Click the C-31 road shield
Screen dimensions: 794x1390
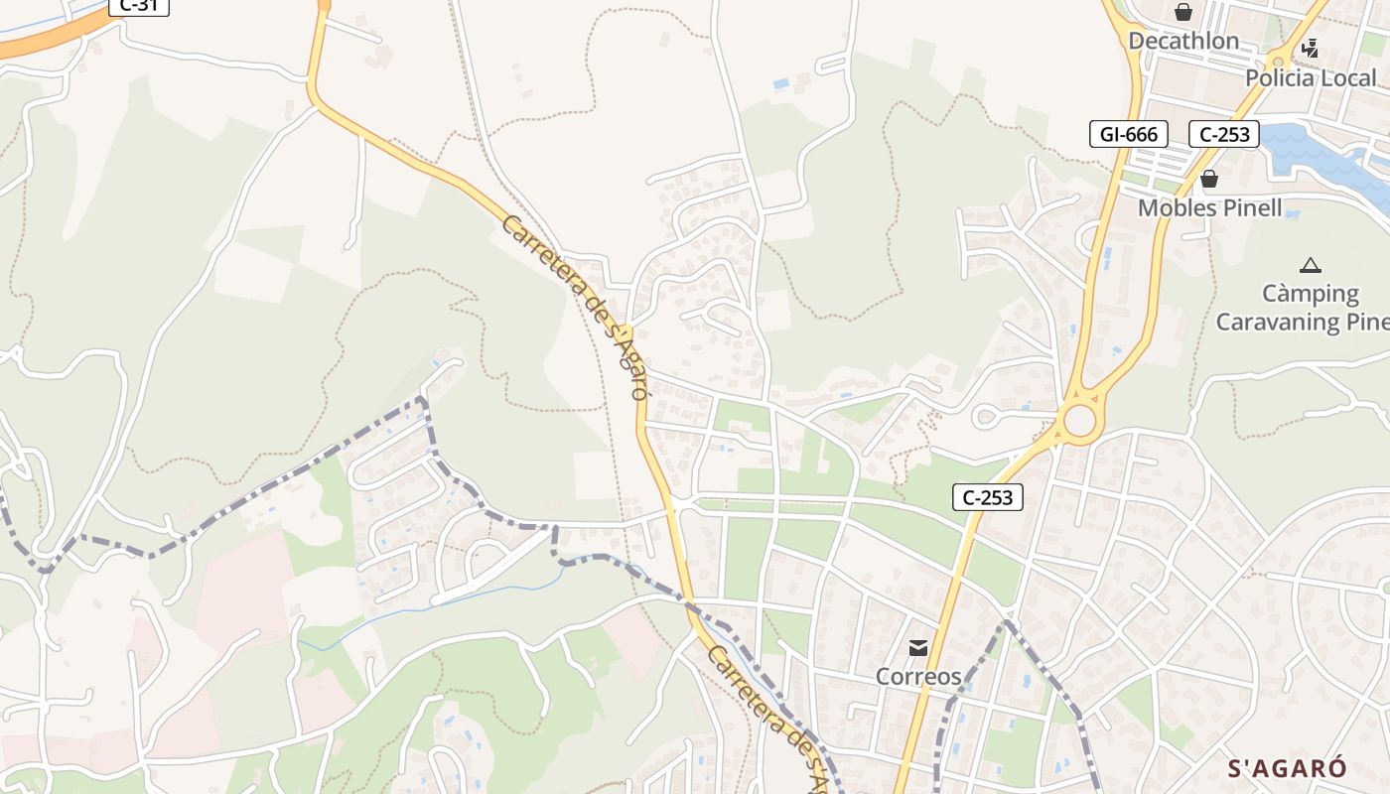(x=138, y=5)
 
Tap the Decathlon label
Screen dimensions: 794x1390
(x=1183, y=41)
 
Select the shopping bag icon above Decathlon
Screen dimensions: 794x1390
(x=1183, y=12)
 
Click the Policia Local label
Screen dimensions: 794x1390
(x=1311, y=77)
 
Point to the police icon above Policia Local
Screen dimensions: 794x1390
(x=1311, y=47)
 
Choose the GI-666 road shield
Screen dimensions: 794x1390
(x=1129, y=134)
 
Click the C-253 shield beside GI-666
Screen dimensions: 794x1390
(x=1223, y=134)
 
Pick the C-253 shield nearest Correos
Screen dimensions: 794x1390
(x=988, y=497)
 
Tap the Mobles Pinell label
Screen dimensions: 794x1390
(x=1209, y=208)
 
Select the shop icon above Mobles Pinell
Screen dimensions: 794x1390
(x=1209, y=180)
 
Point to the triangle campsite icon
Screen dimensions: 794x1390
(x=1311, y=265)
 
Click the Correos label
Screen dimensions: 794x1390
(x=918, y=677)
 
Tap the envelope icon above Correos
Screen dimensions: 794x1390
(x=918, y=648)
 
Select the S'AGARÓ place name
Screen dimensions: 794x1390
(x=1288, y=768)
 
